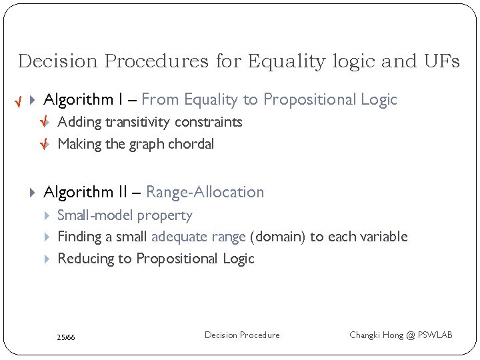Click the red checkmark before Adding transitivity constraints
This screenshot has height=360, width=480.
(45, 123)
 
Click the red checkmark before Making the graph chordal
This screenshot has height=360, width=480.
(45, 145)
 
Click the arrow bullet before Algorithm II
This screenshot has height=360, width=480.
(33, 193)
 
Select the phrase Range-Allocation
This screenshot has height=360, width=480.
(205, 193)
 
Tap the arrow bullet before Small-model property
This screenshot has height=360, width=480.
(47, 215)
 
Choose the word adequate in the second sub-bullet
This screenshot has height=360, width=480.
(176, 237)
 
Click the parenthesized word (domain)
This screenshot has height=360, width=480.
(275, 237)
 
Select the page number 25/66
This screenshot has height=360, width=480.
(66, 338)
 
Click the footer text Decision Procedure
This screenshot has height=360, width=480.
(242, 335)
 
